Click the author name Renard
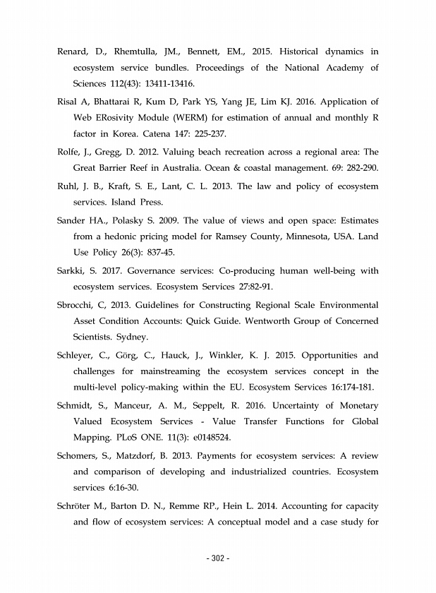(x=73, y=52)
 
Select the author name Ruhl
(x=68, y=187)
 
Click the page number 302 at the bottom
(x=218, y=560)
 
